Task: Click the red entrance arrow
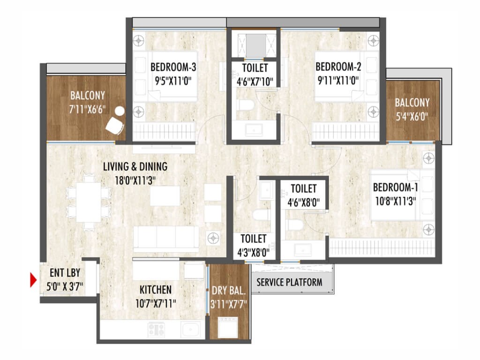pos(33,280)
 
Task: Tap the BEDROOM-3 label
pos(173,67)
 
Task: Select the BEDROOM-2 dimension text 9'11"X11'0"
pos(338,81)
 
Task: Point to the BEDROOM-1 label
pos(396,187)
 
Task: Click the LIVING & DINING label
pos(135,166)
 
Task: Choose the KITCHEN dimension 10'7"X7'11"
pos(156,304)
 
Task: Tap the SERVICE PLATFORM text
pos(289,282)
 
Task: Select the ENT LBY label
pos(65,272)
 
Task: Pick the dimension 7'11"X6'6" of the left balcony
pos(87,109)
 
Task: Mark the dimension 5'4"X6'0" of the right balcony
pos(412,116)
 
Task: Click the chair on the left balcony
pos(115,126)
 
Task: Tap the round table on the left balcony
pos(120,111)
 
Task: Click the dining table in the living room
pos(89,202)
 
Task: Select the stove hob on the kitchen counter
pos(157,330)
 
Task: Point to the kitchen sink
pos(190,330)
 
